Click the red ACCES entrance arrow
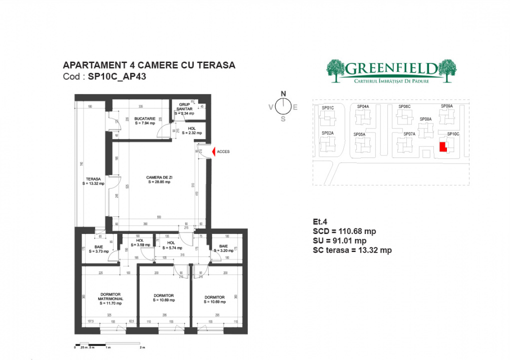coord(214,151)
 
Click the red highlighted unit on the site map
coord(442,146)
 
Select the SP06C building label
coord(404,106)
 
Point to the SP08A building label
coord(425,119)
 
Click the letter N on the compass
coord(283,93)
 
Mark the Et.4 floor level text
coord(319,222)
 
